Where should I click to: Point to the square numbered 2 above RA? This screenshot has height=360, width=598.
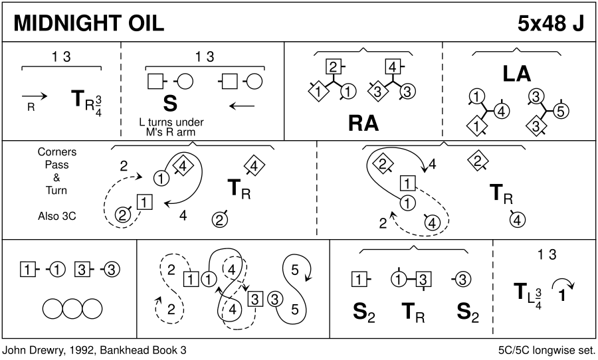tap(334, 66)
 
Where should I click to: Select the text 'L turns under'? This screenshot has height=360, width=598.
tap(171, 122)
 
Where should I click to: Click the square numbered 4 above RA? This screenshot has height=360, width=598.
tap(393, 66)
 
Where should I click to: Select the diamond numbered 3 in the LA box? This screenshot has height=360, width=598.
tap(535, 124)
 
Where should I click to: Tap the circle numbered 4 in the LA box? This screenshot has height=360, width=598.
tap(502, 111)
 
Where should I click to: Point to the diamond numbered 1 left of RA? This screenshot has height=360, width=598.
tap(318, 90)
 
